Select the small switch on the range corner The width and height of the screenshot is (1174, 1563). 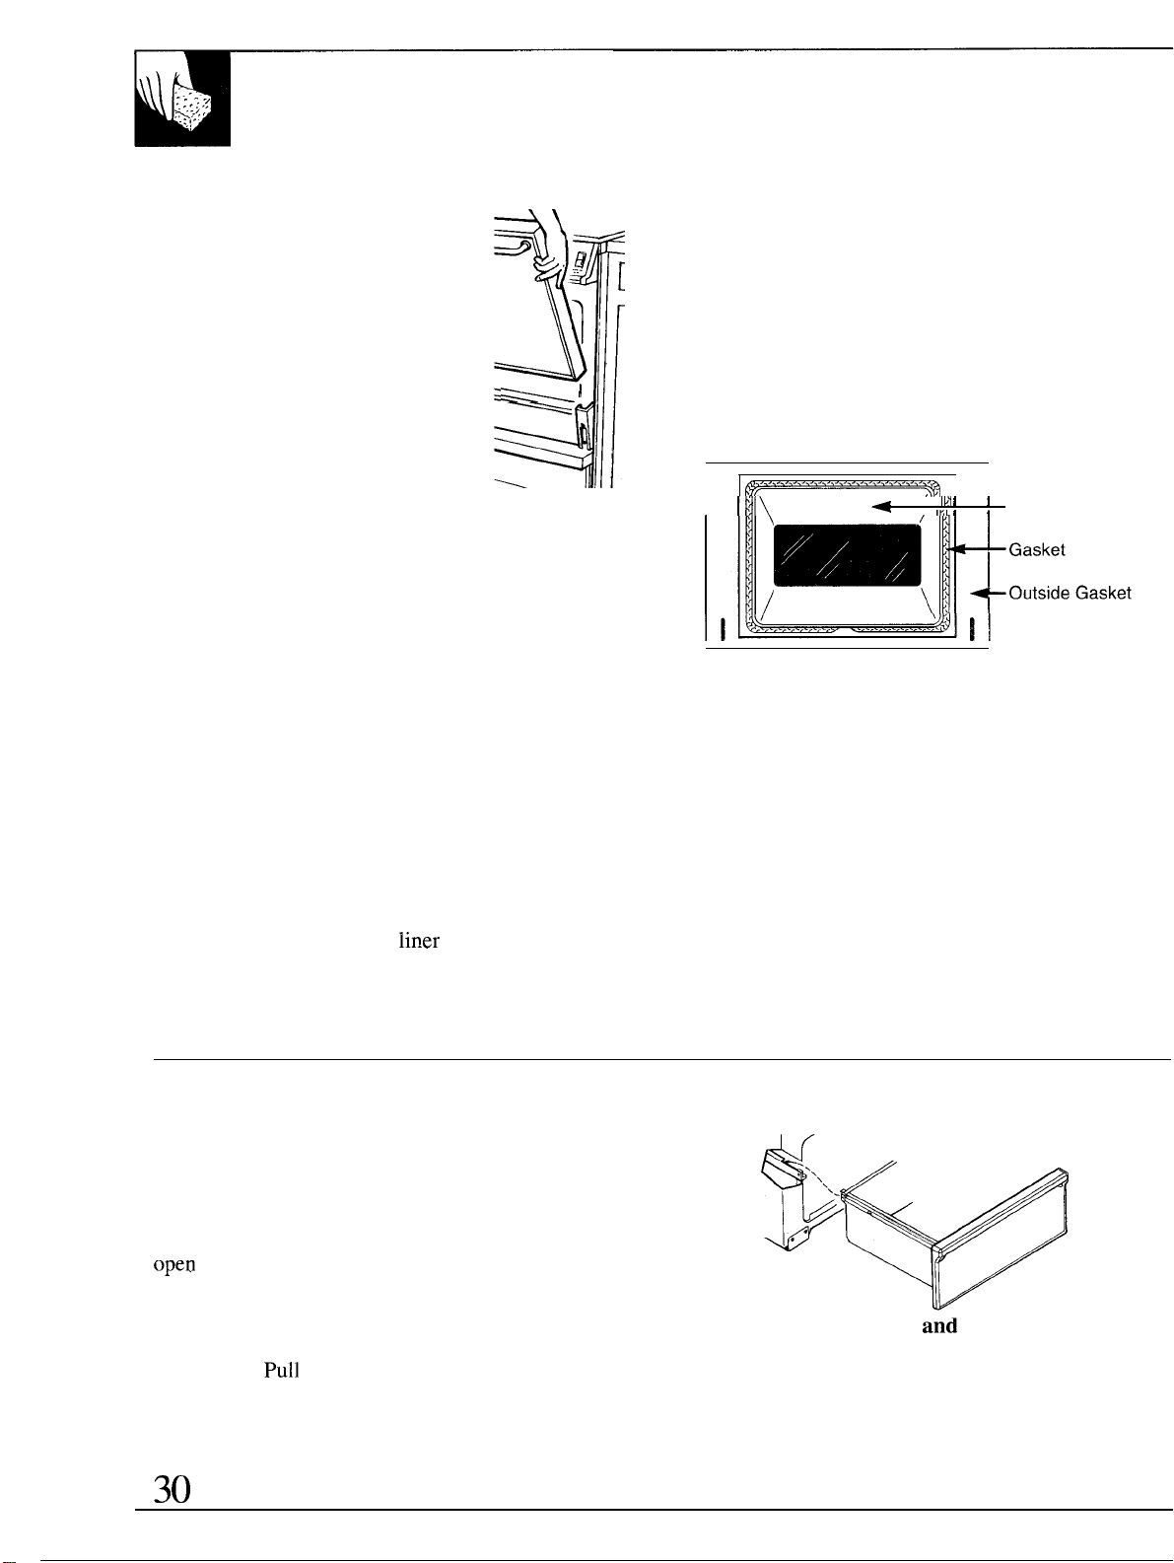[580, 262]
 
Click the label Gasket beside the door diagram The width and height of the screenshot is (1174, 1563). [1037, 549]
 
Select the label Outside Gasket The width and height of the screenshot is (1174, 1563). [1070, 593]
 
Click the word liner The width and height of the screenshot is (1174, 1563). [419, 941]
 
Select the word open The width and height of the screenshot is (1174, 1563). [174, 1265]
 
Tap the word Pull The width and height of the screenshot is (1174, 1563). [281, 1370]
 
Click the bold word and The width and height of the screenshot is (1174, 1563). [939, 1325]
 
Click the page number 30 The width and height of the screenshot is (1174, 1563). [173, 1489]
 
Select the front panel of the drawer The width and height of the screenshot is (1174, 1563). [1003, 1238]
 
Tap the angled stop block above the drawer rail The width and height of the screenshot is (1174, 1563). [780, 1166]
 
